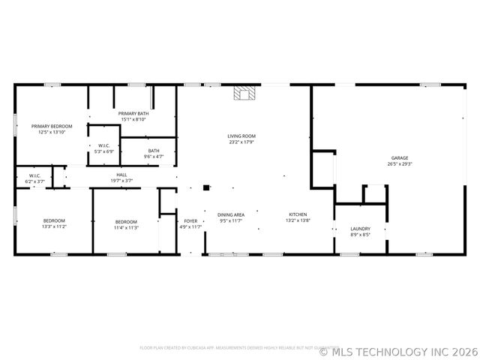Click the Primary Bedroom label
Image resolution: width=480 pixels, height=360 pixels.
[51, 126]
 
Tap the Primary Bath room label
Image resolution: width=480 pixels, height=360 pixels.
[133, 113]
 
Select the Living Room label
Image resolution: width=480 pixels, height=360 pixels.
[241, 136]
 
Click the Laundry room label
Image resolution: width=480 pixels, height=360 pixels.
[360, 229]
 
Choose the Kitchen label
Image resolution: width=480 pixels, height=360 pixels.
[298, 214]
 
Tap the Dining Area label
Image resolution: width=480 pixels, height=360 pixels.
[231, 214]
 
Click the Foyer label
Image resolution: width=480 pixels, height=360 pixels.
[191, 220]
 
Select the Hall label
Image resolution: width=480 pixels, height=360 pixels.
[121, 175]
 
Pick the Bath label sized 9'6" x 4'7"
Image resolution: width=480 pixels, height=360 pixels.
[153, 151]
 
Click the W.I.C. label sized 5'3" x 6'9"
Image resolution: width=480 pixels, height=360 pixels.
[104, 145]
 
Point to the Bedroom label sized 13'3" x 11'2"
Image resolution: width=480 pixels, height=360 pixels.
[54, 220]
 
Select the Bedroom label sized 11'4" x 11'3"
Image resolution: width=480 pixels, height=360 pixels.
[126, 221]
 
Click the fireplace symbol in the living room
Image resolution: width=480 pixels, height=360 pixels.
[244, 93]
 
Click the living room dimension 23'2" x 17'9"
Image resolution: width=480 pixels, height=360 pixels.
[241, 142]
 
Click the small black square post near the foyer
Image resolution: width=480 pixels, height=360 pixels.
[206, 187]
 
